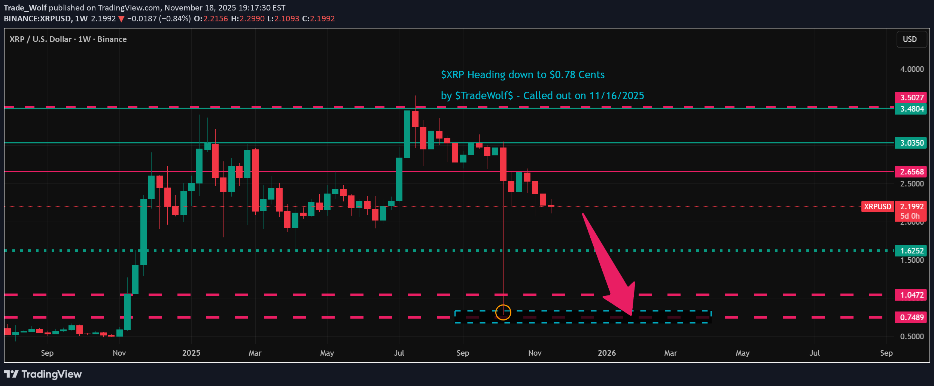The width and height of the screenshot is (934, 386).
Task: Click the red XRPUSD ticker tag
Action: point(877,207)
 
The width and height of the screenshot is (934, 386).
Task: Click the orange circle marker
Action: point(503,312)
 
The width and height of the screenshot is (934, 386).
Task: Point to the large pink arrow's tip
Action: point(631,314)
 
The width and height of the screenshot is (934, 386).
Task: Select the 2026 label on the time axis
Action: point(606,353)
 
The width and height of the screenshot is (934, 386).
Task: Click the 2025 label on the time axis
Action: point(191,353)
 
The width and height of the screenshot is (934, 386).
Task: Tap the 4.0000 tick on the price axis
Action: point(912,69)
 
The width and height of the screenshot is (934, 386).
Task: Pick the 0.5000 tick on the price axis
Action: point(912,337)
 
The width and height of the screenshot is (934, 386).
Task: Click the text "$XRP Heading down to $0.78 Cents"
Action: point(523,75)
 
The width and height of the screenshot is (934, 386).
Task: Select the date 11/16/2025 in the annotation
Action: point(617,96)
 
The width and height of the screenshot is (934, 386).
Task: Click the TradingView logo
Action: point(43,374)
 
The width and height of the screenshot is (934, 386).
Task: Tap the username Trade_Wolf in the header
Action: point(25,8)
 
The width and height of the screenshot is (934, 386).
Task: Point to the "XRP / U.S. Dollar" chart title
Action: point(40,39)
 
